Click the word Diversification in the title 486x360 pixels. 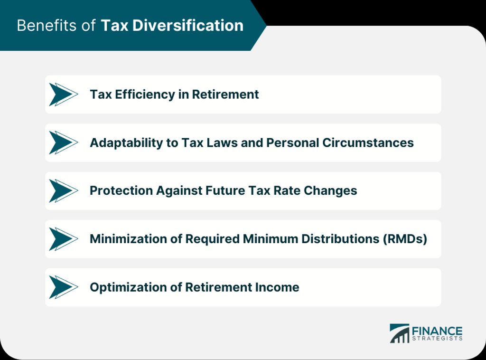188,26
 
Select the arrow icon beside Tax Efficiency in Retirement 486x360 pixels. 64,94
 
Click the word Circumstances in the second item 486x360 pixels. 368,142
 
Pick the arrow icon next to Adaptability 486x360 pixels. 64,142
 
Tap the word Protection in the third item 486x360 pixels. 121,190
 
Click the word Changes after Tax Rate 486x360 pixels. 330,191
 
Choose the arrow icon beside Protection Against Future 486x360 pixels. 64,191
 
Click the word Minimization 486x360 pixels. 128,239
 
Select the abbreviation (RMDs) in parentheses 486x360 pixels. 405,239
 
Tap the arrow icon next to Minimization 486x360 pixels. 64,239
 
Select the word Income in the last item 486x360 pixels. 277,287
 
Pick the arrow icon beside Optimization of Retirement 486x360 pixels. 64,287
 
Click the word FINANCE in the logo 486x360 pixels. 437,331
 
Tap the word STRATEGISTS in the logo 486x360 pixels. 437,338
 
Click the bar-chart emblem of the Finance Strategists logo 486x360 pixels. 400,333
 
